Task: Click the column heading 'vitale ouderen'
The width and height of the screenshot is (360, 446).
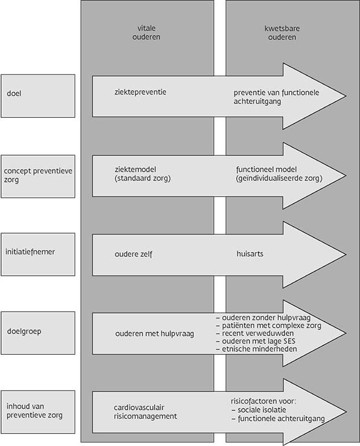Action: pos(146,33)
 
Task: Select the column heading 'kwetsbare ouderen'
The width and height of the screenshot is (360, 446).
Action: pos(282,33)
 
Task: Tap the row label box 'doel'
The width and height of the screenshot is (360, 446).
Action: pos(38,96)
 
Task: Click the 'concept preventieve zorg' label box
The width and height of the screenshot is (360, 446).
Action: pos(38,176)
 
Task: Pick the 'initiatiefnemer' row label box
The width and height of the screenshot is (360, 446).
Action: pos(38,254)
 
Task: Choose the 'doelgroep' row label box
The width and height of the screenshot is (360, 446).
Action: pos(38,333)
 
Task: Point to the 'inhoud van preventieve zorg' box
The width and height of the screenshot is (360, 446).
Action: pos(38,412)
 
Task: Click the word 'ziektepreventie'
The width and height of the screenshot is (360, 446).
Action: pos(141,92)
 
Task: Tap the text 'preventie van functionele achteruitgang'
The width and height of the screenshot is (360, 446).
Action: pos(277,97)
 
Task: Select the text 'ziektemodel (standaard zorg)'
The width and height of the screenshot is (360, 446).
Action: pos(143,174)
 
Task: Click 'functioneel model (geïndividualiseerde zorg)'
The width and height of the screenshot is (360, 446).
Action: pos(279,174)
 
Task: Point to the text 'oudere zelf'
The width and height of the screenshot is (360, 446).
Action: pos(133,254)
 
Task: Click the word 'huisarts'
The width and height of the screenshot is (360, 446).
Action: pos(250,253)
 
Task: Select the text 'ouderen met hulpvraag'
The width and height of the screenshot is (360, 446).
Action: pos(155,334)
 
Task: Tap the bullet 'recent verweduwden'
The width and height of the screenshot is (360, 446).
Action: pos(255,334)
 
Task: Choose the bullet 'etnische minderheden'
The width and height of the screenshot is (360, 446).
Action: pos(257,349)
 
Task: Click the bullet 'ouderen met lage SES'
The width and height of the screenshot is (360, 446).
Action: pos(256,341)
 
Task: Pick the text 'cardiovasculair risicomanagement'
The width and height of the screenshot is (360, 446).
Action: pos(146,412)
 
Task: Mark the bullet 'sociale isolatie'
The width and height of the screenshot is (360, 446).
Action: pos(259,410)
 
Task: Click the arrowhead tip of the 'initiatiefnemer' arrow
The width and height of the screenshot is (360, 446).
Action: pos(346,254)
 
